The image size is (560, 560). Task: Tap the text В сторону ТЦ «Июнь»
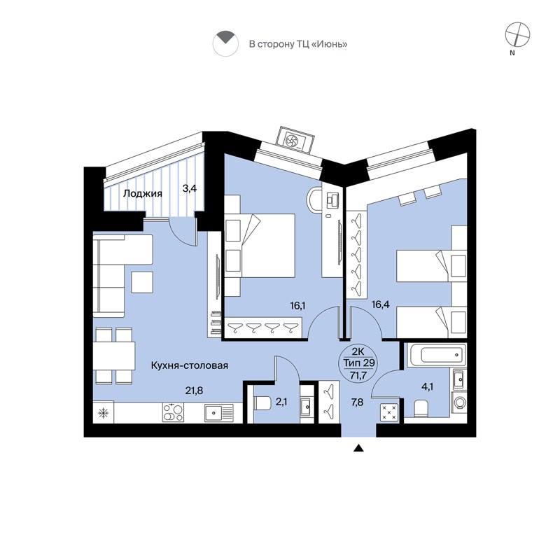tap(298, 44)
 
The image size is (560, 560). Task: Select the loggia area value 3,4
tap(190, 188)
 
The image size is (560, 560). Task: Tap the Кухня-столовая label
tap(190, 365)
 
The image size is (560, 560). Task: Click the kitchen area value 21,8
tap(194, 391)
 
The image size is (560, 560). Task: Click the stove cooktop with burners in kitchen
tap(172, 413)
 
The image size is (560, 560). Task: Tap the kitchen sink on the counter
tap(218, 413)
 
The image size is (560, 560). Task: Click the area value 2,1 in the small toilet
tap(281, 401)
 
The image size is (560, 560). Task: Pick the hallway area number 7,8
tap(357, 401)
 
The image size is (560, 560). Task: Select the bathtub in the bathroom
tap(435, 354)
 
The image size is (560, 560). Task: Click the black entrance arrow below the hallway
tap(359, 449)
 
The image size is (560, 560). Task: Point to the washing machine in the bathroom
tap(458, 403)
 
